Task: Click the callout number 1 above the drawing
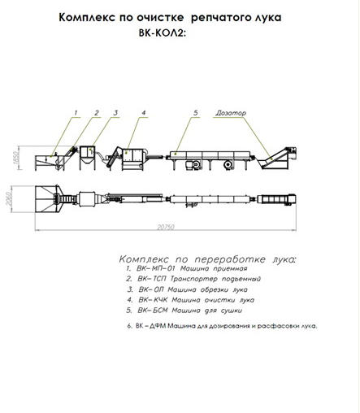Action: coord(76,112)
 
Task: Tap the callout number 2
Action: coord(97,112)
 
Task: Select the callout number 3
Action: coord(115,112)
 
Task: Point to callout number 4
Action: coord(144,112)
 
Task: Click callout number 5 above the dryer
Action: coord(196,112)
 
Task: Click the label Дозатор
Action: coord(231,113)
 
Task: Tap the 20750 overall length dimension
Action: coord(166,227)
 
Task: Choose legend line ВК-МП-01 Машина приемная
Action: coord(187,268)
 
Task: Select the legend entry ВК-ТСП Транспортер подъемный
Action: coord(193,279)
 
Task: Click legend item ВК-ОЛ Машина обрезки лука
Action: coord(187,289)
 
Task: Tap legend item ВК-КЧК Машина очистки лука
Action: coord(191,300)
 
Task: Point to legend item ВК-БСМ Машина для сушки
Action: coord(184,311)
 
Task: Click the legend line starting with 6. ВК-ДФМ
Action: coord(222,326)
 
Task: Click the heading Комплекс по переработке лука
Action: coord(208,259)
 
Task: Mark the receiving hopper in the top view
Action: coord(47,199)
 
